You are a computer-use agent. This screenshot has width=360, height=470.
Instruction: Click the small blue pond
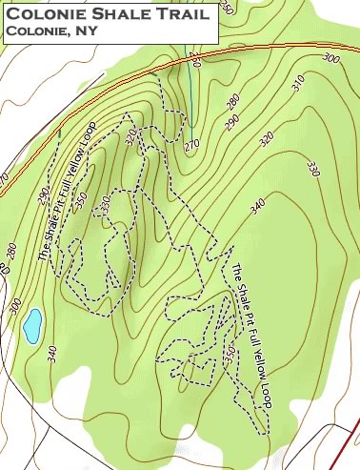pyautogui.click(x=32, y=325)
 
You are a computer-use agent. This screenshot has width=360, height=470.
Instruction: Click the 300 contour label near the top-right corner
pyautogui.click(x=330, y=59)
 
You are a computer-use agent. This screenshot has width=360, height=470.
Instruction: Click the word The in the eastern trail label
pyautogui.click(x=235, y=270)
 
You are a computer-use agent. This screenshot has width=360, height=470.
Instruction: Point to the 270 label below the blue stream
pyautogui.click(x=192, y=145)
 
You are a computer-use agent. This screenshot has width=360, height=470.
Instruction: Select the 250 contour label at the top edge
pyautogui.click(x=225, y=6)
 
